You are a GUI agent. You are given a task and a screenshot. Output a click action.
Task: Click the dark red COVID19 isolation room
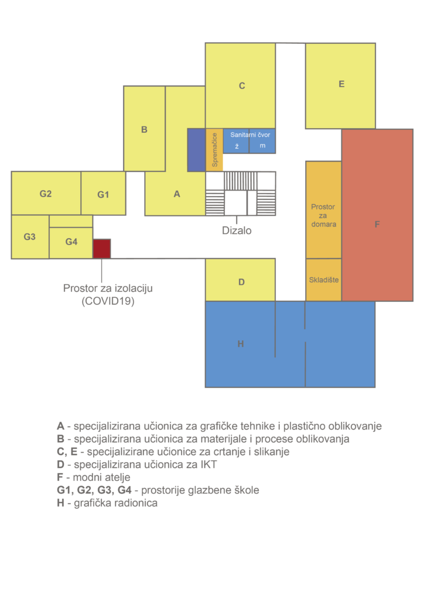(x=102, y=249)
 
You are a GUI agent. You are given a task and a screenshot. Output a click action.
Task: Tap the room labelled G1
(x=103, y=193)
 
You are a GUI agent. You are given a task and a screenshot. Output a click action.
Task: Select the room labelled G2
(x=46, y=193)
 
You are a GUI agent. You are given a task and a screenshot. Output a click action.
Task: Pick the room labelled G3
(x=30, y=237)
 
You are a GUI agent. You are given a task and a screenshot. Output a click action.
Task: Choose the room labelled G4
(x=71, y=243)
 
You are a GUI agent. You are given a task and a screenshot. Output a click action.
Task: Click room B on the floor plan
(x=144, y=129)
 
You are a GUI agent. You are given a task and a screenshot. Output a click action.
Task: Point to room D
(x=240, y=280)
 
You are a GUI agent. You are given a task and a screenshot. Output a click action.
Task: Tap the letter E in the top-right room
(x=341, y=84)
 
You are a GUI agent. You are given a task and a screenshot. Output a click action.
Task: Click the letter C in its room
(x=242, y=85)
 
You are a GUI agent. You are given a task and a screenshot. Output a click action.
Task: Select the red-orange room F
(x=377, y=215)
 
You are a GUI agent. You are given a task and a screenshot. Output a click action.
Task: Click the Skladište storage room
(x=323, y=280)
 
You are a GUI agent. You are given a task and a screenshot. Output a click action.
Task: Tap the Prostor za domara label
(x=323, y=215)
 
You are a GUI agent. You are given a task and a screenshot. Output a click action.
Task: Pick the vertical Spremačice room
(x=214, y=150)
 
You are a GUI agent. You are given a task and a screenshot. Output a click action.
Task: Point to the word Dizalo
(x=237, y=230)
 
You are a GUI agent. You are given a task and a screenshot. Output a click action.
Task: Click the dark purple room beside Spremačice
(x=197, y=150)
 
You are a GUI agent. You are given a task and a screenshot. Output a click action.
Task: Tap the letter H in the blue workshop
(x=241, y=344)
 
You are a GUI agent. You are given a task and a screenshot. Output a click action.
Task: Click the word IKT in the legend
(x=208, y=464)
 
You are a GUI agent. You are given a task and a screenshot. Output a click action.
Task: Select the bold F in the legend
(x=60, y=477)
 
